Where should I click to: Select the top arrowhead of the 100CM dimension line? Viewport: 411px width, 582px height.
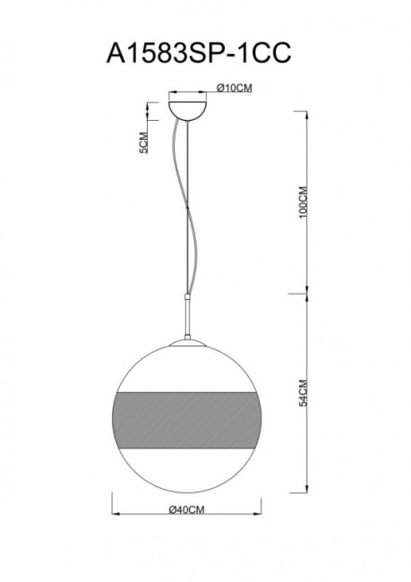point(297,111)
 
